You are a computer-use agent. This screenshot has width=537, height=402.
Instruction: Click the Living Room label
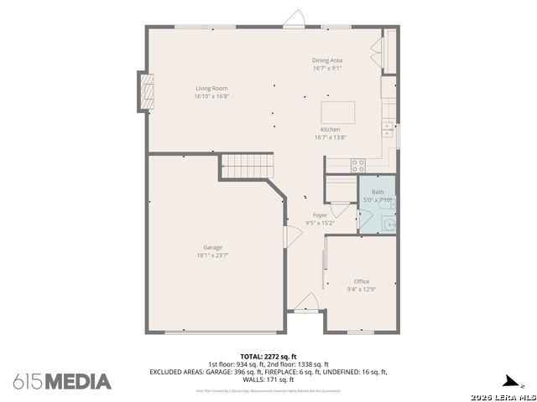(x=211, y=88)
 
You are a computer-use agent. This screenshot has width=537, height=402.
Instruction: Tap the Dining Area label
(x=327, y=60)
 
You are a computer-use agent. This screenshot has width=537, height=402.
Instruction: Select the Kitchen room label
(x=330, y=130)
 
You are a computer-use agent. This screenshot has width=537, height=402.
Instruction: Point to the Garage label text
(x=211, y=247)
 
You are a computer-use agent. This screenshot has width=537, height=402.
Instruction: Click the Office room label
(x=361, y=281)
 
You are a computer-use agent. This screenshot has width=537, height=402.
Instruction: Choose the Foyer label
(x=320, y=215)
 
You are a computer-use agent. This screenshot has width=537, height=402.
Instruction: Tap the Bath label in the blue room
(x=378, y=192)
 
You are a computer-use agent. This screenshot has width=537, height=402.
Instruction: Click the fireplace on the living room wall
(x=147, y=90)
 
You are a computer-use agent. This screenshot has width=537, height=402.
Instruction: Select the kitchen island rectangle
(x=338, y=113)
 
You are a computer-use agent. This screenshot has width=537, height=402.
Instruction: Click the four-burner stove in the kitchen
(x=358, y=164)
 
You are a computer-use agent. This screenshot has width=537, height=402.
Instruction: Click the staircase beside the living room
(x=248, y=166)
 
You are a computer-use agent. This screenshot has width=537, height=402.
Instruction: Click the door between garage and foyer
(x=288, y=236)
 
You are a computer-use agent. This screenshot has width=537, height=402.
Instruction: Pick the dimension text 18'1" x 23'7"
(x=211, y=255)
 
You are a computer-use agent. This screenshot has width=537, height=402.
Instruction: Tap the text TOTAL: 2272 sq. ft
(x=268, y=356)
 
